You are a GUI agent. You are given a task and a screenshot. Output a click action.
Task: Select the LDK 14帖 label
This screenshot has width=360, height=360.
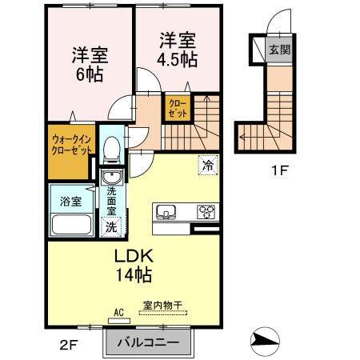tap(133, 266)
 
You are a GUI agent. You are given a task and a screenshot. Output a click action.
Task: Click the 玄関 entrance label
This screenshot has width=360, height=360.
tap(279, 50)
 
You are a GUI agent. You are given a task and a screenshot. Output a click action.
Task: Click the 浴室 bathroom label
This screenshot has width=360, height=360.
tap(71, 202)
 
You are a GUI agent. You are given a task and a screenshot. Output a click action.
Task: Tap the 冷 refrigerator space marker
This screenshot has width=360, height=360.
tap(208, 167)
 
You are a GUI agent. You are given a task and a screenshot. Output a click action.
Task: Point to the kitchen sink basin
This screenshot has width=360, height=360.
tap(166, 212)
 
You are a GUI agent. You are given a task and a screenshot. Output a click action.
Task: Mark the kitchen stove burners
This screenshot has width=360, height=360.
tap(206, 212)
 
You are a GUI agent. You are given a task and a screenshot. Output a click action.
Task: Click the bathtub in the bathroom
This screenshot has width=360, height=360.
tap(71, 223)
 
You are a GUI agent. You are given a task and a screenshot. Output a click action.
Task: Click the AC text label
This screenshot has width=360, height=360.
tap(119, 313)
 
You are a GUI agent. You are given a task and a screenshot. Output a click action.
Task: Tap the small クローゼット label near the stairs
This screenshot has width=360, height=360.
tap(177, 108)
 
